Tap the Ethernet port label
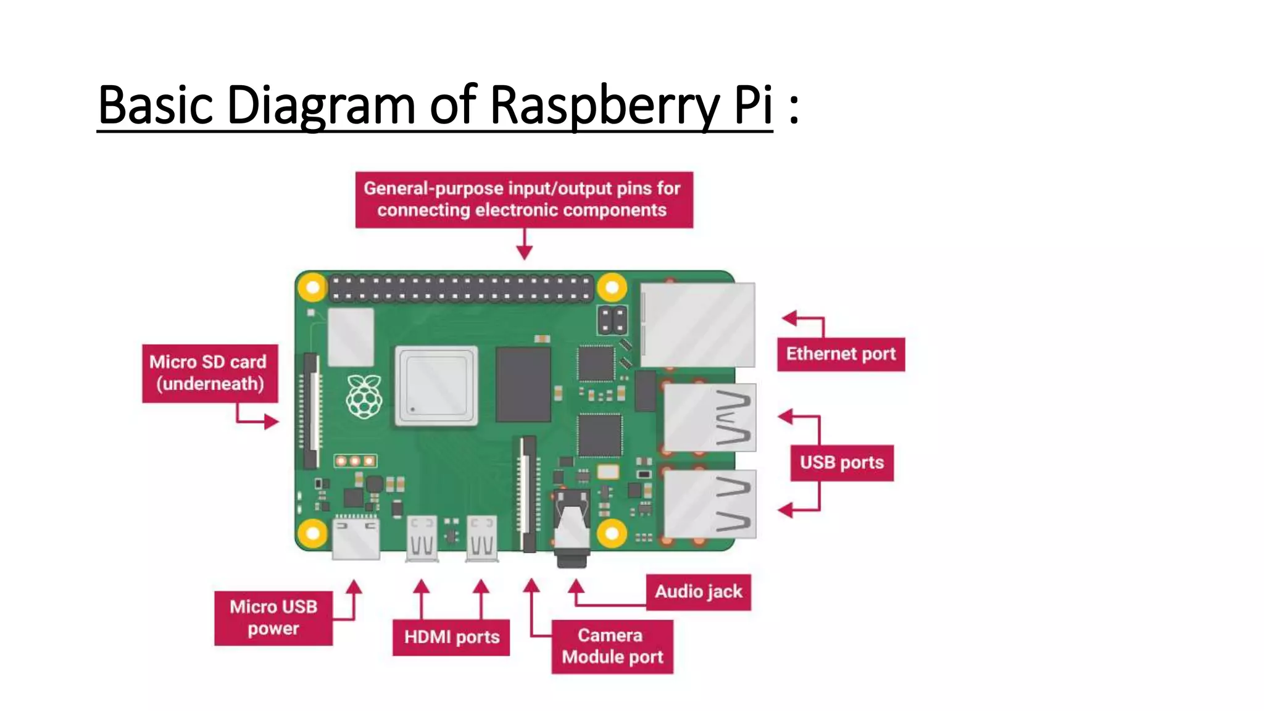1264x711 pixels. (841, 354)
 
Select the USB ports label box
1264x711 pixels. (841, 463)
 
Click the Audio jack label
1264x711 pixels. (698, 592)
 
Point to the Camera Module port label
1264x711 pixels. (612, 646)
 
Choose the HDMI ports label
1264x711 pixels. (451, 637)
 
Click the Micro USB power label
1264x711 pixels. (273, 618)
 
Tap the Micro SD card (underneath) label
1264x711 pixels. (209, 373)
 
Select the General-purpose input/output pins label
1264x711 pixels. (523, 199)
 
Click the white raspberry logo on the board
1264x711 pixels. (364, 396)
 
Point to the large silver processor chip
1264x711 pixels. (436, 386)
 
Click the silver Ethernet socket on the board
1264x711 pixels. (698, 325)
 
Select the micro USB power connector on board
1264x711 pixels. (356, 538)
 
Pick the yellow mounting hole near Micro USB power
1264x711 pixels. (313, 533)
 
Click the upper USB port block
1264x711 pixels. (710, 417)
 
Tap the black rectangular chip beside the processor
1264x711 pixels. (523, 384)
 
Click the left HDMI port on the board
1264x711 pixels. (422, 538)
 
